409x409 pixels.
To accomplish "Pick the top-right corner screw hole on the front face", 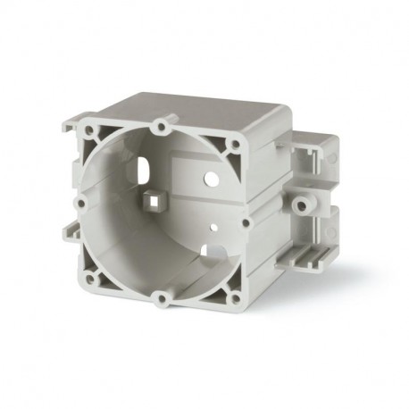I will coord(234,140).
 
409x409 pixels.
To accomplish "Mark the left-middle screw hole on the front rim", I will coord(80,203).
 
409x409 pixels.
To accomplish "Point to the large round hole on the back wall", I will coord(213,179).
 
